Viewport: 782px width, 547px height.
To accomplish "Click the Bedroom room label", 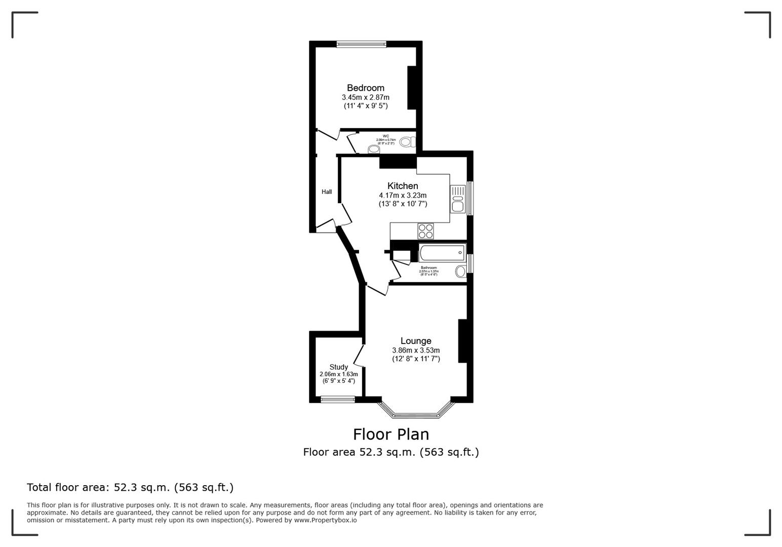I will coord(365,88).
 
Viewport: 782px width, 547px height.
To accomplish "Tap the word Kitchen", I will coord(403,186).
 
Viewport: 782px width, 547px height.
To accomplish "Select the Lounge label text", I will coord(416,341).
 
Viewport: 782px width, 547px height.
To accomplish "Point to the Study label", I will coord(338,367).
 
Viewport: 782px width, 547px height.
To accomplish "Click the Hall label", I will coord(327,192).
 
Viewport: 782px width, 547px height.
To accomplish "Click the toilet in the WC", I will coord(406,142).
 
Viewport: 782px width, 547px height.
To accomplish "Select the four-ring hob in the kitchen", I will coord(425,231).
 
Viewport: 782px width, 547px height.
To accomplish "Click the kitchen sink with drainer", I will coord(458,199).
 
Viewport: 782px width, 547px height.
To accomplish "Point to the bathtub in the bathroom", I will coord(442,252).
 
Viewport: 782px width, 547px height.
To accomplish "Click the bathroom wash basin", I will coord(460,271).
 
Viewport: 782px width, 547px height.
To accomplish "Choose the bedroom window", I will coord(361,44).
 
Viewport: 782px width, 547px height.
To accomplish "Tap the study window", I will coord(338,399).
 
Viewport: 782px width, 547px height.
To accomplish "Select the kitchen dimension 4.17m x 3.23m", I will coord(403,195).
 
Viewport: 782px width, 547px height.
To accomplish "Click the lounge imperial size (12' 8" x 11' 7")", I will coord(416,359).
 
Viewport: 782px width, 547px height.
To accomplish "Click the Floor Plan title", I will coord(390,434).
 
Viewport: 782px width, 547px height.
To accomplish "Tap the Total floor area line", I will coord(130,487).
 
